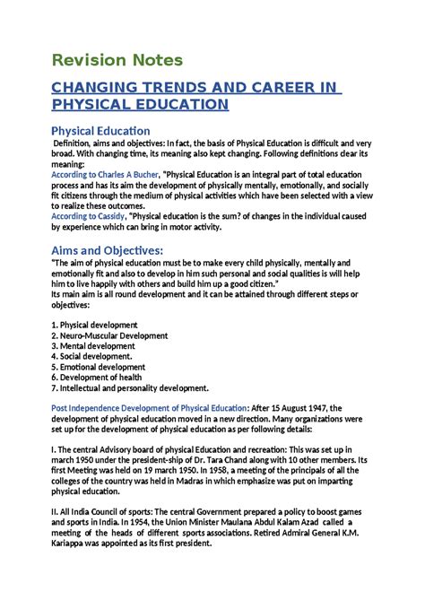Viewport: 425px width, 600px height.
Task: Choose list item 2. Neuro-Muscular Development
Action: coord(110,335)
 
